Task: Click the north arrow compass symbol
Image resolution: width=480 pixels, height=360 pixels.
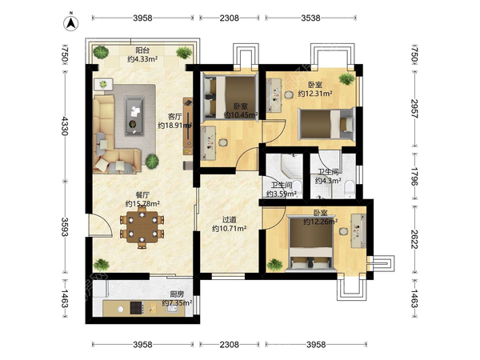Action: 71,23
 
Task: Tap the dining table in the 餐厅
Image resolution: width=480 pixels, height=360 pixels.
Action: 142,227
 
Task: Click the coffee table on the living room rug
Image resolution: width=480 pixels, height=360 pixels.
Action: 134,116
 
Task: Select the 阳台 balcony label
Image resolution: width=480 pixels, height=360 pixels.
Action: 142,50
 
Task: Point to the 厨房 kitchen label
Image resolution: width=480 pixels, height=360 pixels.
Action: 177,294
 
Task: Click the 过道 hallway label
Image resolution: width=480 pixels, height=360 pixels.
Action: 230,220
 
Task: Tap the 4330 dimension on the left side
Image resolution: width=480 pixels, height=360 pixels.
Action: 65,126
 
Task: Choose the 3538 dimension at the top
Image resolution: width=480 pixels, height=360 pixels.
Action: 310,18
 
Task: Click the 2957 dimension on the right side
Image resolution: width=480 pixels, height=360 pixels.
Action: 414,108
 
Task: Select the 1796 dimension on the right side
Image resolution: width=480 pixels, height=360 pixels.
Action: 414,176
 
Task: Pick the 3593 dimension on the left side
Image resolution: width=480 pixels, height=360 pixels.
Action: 65,227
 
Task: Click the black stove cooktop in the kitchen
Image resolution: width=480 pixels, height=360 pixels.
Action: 136,308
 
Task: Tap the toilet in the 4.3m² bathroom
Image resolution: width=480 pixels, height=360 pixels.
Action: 349,187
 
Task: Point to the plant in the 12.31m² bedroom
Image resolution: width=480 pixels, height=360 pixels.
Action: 347,78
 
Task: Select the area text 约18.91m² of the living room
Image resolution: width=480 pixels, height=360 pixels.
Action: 174,126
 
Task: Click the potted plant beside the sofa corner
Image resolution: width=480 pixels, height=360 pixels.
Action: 152,162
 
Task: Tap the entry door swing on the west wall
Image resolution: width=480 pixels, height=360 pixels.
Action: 101,226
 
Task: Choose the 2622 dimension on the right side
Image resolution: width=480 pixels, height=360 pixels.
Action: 414,239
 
